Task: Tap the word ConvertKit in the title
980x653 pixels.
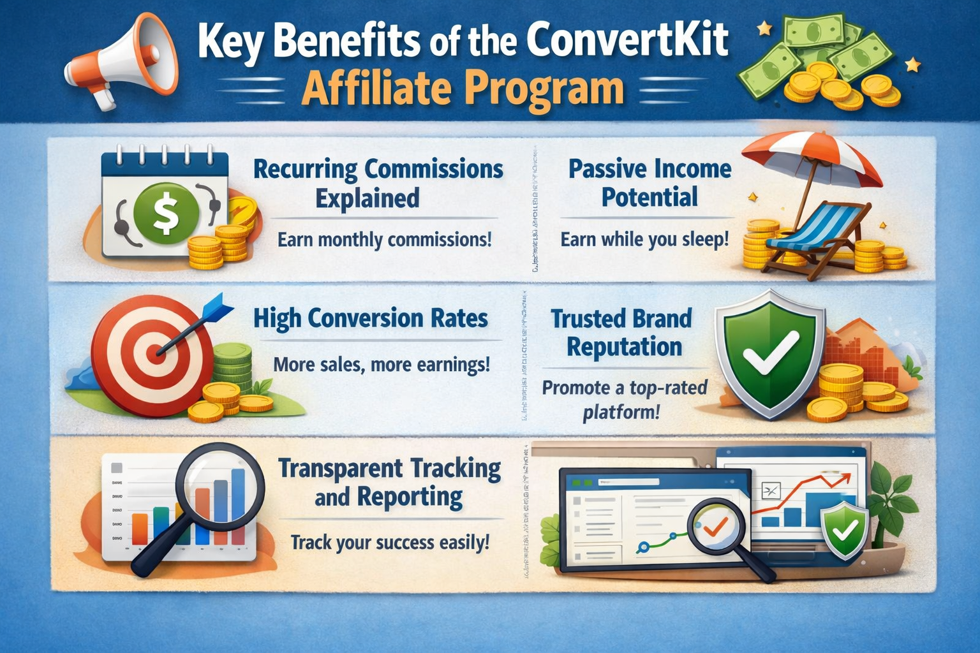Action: click(x=628, y=40)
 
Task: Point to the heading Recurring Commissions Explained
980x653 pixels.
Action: click(x=378, y=183)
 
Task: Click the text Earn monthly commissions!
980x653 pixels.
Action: click(x=385, y=240)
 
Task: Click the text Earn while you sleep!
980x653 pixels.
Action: click(x=644, y=240)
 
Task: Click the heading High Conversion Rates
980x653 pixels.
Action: click(x=371, y=318)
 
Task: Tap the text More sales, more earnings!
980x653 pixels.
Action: click(x=382, y=365)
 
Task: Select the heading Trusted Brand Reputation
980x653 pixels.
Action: click(x=623, y=332)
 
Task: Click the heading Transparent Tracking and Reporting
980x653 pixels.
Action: click(x=389, y=482)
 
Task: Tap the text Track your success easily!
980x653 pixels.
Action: click(x=390, y=543)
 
